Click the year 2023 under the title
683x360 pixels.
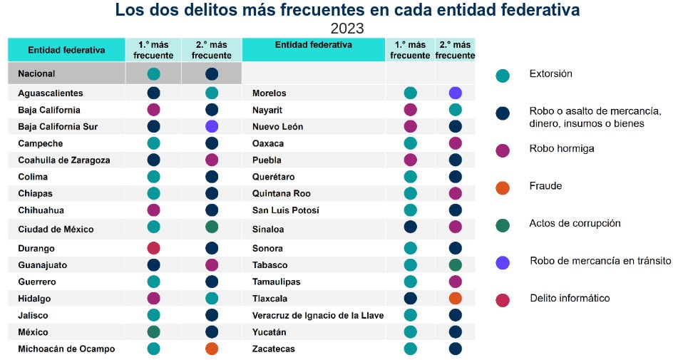[347, 29]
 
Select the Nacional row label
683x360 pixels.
[36, 73]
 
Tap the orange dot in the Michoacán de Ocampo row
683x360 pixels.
[212, 349]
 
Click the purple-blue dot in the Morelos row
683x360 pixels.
[456, 93]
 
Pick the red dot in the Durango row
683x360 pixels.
[153, 248]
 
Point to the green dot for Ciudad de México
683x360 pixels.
[212, 227]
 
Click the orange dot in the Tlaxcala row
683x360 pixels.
[456, 298]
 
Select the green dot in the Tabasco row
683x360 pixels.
[456, 264]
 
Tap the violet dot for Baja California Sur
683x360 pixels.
[212, 126]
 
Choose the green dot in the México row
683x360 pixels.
[153, 331]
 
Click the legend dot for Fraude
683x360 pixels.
[503, 188]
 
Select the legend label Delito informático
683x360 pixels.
[570, 298]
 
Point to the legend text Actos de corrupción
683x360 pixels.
[575, 223]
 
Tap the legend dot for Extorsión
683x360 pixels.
[503, 76]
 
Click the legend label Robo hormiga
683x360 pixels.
[561, 149]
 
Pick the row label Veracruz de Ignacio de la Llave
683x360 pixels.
[318, 315]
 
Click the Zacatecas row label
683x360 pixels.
[274, 349]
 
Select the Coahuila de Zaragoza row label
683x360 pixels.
[64, 160]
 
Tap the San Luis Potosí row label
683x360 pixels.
[286, 210]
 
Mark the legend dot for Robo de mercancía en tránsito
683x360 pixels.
[503, 262]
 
